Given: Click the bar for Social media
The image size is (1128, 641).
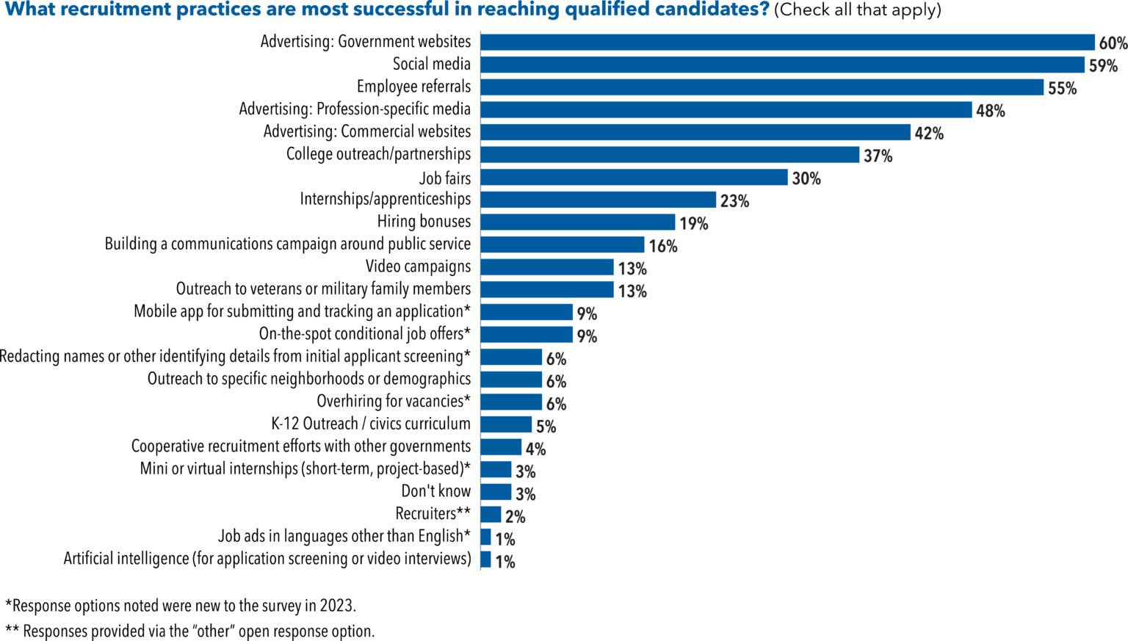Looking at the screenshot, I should click(x=782, y=65).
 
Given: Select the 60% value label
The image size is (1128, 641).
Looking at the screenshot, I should click(x=1113, y=43).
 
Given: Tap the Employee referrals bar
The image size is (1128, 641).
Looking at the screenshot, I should click(x=762, y=87).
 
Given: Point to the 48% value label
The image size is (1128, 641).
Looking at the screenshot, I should click(x=991, y=111).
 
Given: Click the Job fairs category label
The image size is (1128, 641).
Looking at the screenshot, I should click(x=445, y=178).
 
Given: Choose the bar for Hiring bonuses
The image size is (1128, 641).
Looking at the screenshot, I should click(x=577, y=222).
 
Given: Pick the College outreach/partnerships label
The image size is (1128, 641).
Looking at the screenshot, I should click(x=378, y=154).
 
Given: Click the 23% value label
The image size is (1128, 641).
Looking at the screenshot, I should click(x=734, y=201).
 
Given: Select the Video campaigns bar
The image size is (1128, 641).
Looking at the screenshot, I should click(x=547, y=267).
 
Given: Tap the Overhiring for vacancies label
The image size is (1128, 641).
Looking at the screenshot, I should click(x=394, y=402).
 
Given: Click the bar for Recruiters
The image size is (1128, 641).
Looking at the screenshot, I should click(x=491, y=515).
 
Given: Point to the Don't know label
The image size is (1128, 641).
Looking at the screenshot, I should click(x=435, y=491).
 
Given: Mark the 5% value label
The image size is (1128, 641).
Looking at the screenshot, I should click(x=546, y=427).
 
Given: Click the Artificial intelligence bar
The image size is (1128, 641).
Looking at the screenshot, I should click(x=485, y=559).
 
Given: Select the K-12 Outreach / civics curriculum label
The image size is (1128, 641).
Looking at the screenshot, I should click(x=371, y=424).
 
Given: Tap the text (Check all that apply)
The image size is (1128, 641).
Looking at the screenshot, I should click(x=857, y=10).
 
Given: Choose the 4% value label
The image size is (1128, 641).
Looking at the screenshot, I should click(x=535, y=449).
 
